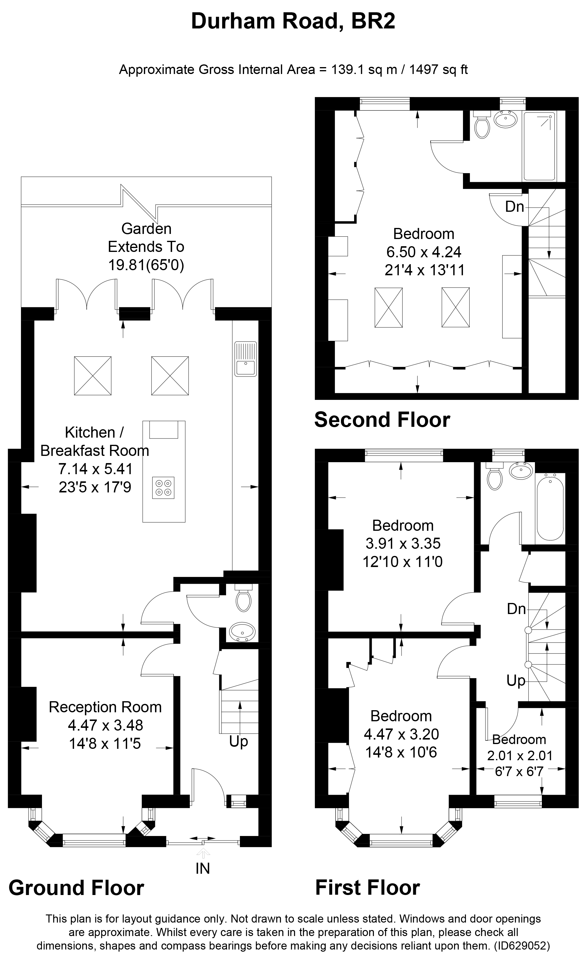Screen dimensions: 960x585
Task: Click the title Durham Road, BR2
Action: click(293, 22)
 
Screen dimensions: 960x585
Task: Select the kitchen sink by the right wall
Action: click(246, 359)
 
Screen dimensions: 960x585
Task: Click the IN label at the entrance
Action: click(202, 868)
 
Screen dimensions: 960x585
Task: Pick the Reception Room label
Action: click(105, 707)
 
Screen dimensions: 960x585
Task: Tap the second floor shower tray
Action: click(539, 146)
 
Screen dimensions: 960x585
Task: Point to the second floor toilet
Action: click(482, 126)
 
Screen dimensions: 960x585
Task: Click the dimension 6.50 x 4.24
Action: click(424, 252)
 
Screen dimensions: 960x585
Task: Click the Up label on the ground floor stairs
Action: click(238, 741)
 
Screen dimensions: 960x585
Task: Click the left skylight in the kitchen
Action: click(93, 376)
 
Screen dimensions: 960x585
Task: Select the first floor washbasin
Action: click(521, 471)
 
